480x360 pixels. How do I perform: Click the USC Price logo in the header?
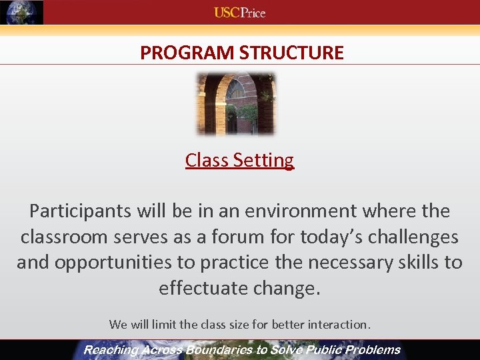click(x=239, y=12)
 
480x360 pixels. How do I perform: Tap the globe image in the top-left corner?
click(x=21, y=12)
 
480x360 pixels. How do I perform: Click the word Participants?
click(x=81, y=211)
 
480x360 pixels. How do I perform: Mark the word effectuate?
click(x=204, y=288)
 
